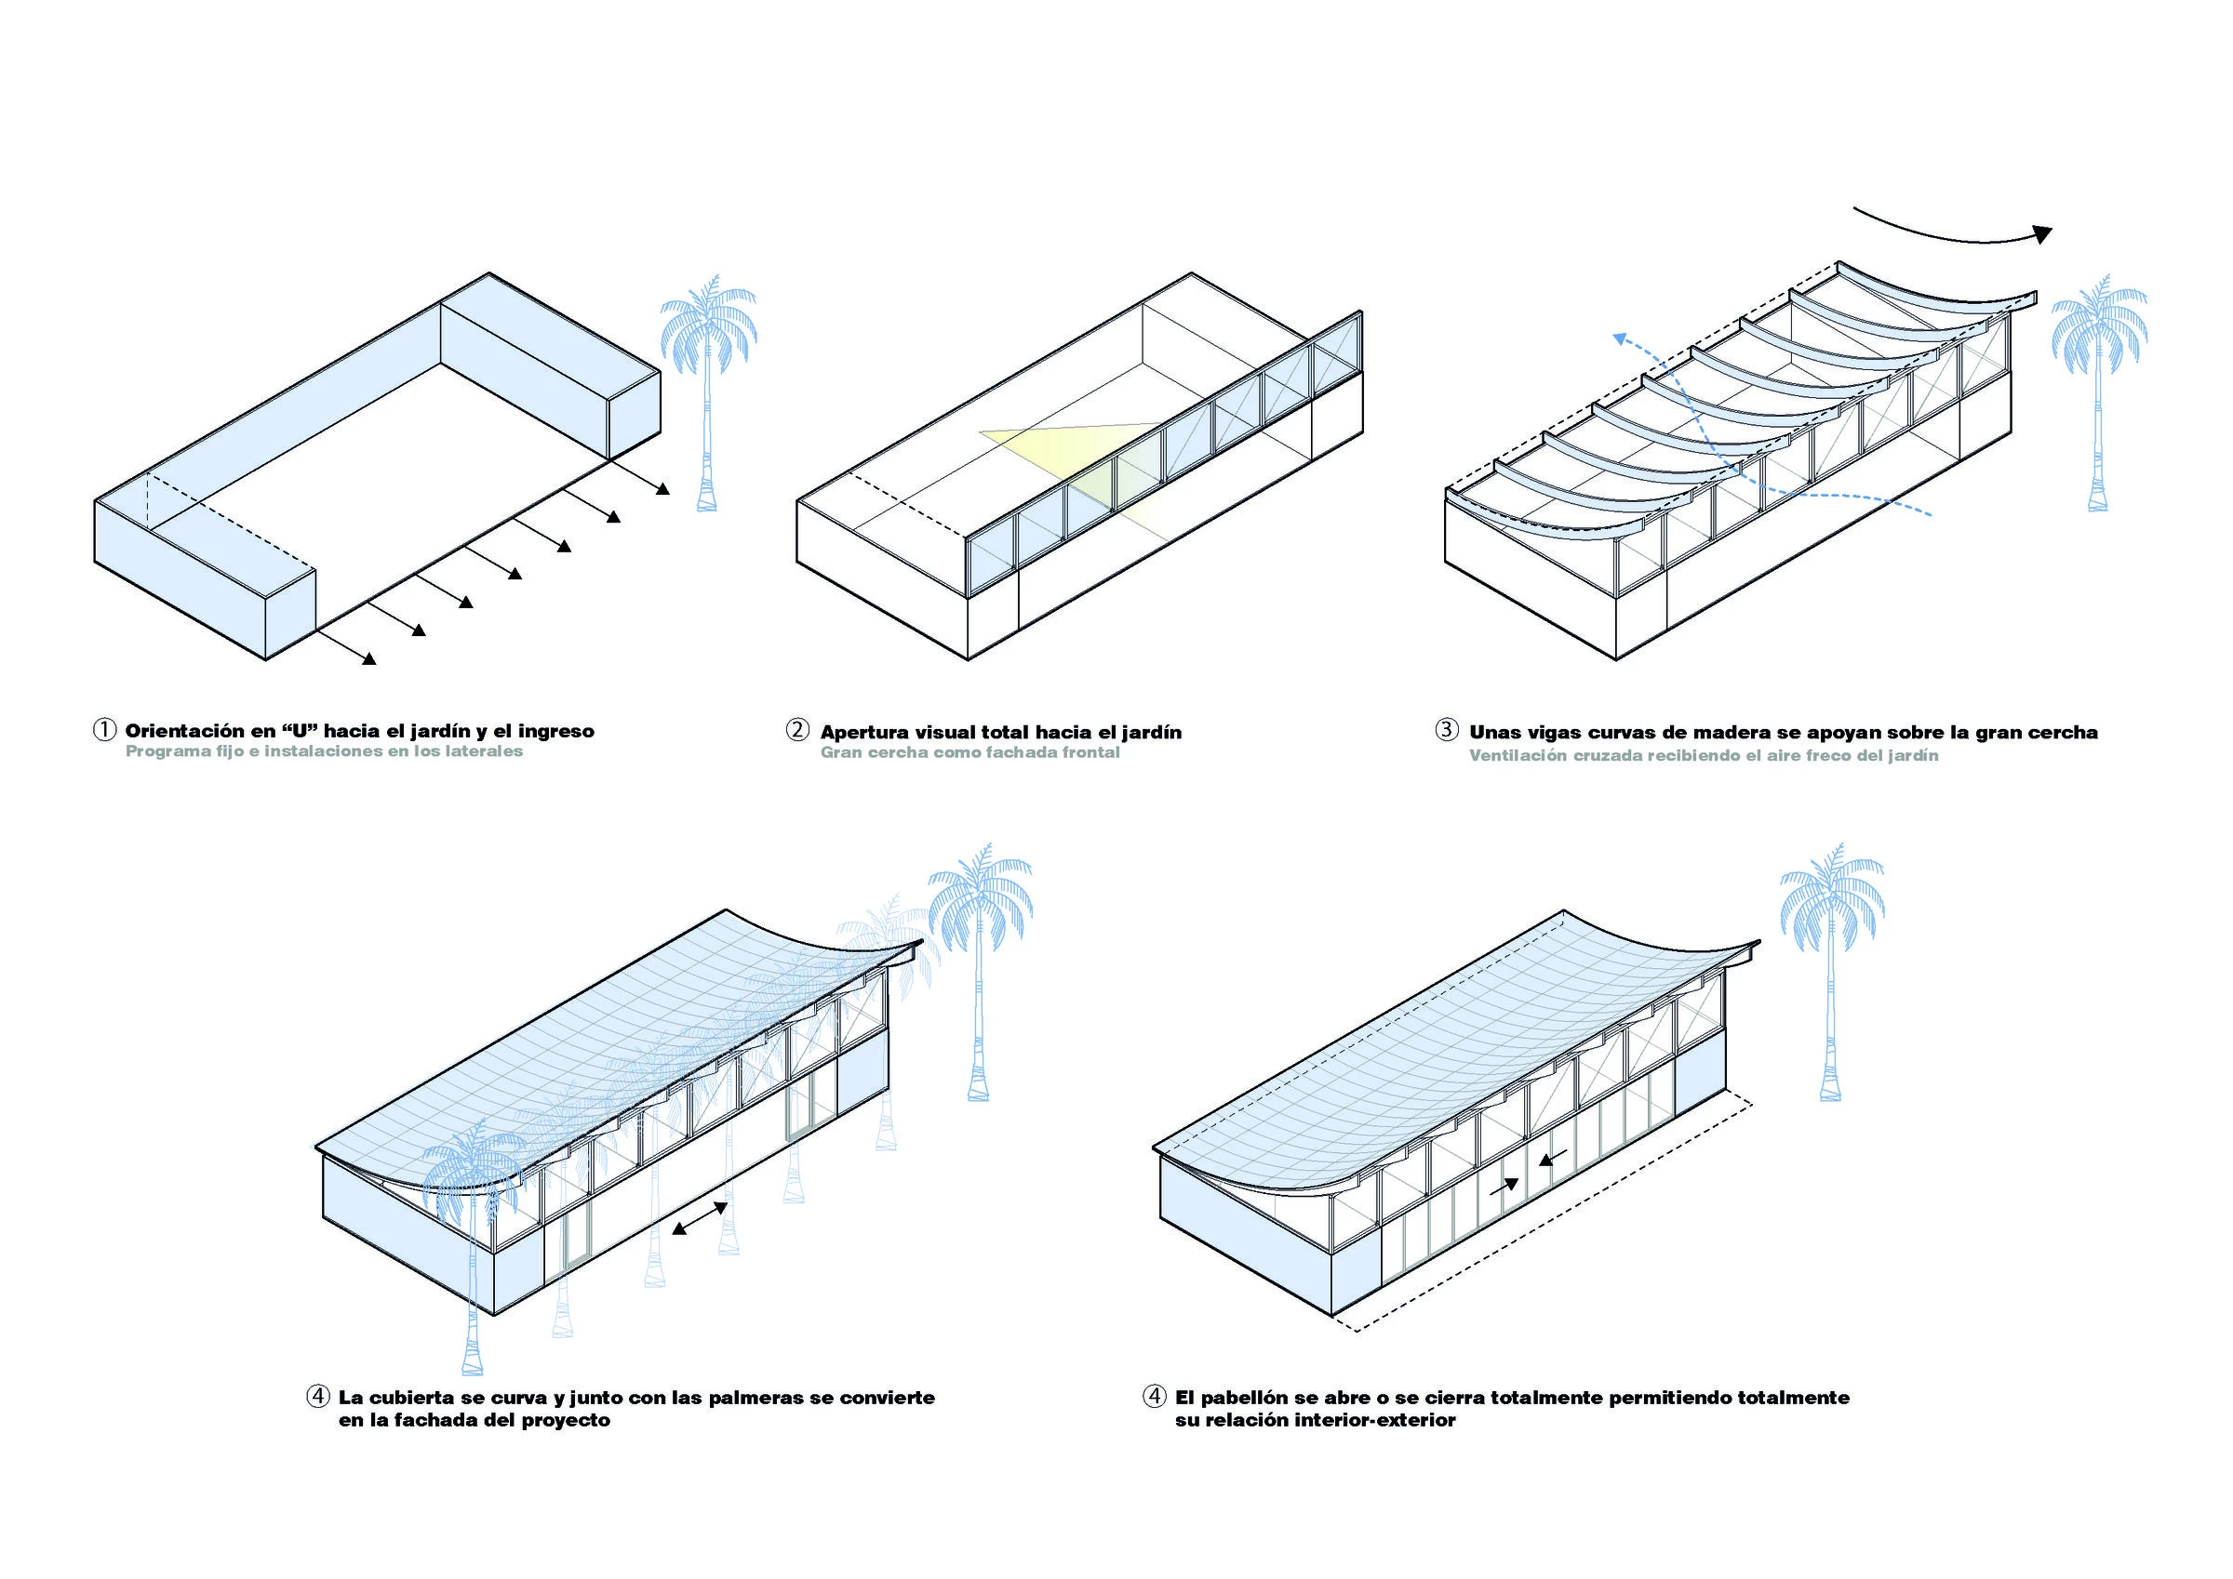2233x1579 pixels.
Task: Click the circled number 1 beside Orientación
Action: click(x=104, y=730)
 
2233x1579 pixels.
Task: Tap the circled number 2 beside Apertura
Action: click(x=797, y=730)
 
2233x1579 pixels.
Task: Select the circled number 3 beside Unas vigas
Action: click(x=1446, y=730)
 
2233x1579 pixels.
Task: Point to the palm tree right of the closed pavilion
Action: click(x=1830, y=973)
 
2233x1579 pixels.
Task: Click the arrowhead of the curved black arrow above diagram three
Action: click(x=2041, y=233)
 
